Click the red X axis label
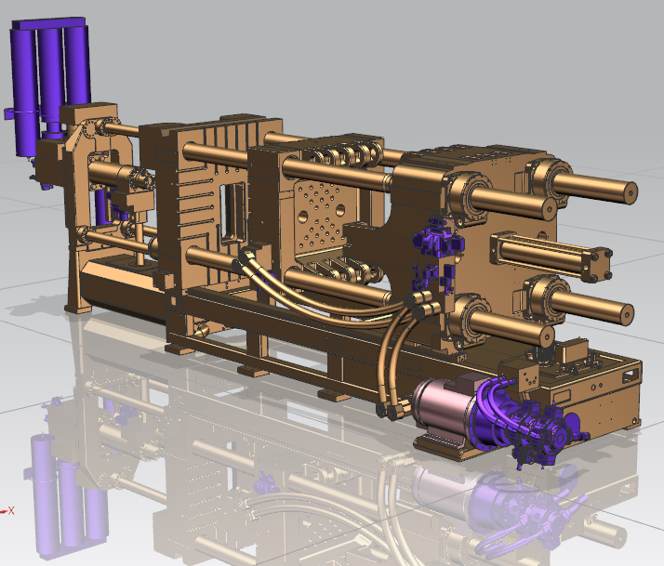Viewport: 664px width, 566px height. click(11, 510)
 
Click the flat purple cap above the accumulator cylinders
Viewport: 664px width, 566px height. click(48, 23)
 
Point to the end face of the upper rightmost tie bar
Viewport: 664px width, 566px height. click(631, 192)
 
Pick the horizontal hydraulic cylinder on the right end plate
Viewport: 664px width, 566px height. click(551, 256)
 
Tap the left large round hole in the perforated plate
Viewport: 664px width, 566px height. click(303, 217)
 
